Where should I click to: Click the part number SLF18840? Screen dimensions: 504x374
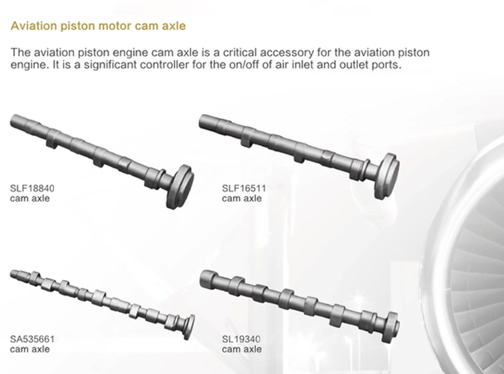32,188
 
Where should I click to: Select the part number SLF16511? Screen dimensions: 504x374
244,188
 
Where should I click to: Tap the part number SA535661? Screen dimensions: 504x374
32,339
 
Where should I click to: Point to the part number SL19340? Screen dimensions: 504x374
241,339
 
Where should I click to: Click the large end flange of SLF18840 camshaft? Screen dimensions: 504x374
180,186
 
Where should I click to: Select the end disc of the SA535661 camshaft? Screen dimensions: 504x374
190,327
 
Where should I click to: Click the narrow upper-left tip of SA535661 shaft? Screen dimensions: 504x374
12,274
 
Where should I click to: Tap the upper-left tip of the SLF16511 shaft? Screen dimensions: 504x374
201,121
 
